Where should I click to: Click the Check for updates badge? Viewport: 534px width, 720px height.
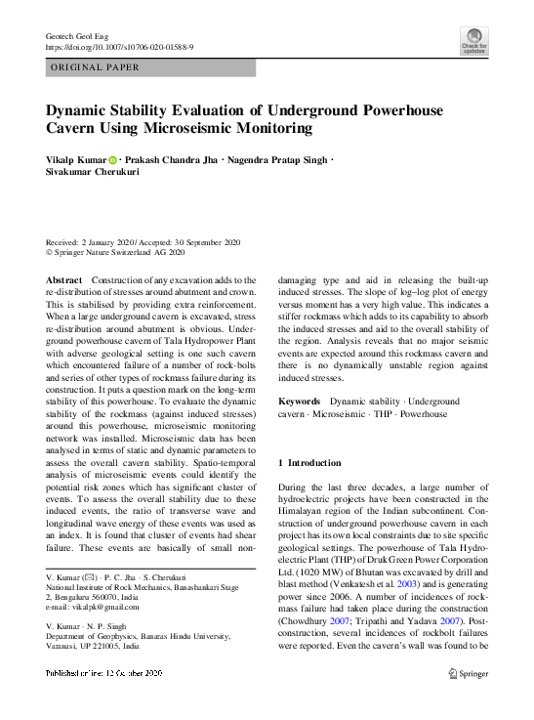point(474,41)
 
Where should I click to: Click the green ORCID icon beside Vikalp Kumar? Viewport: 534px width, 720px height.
point(112,159)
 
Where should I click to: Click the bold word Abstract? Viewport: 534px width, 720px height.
point(64,280)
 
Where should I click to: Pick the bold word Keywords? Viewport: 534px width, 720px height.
point(300,402)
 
